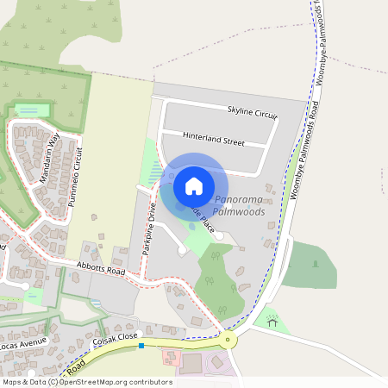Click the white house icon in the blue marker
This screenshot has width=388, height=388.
pyautogui.click(x=194, y=186)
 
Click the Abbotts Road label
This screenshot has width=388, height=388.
pyautogui.click(x=101, y=270)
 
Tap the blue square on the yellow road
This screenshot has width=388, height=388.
pyautogui.click(x=141, y=345)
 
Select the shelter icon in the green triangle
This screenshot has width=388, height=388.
pyautogui.click(x=273, y=323)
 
